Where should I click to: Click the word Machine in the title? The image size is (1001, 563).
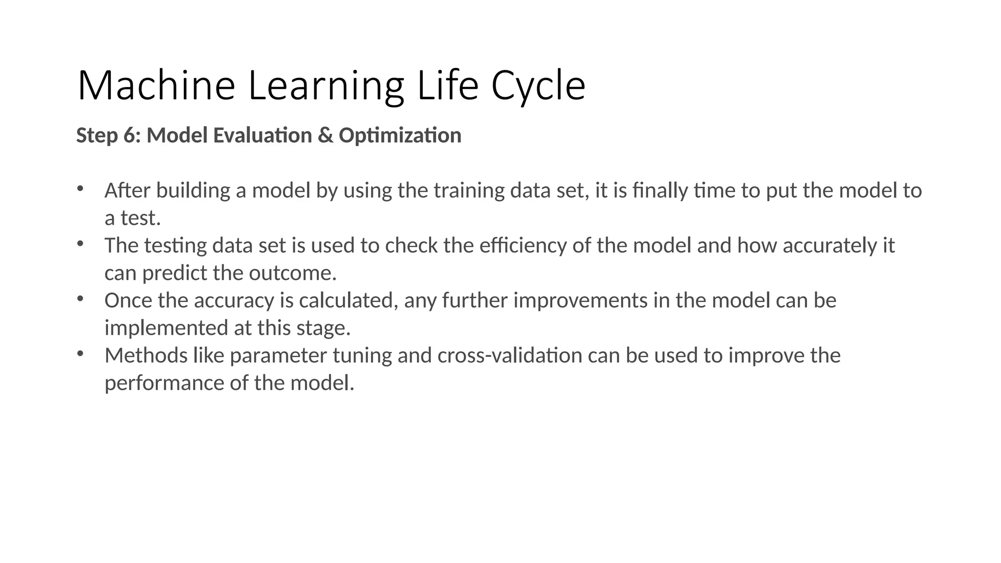coord(156,86)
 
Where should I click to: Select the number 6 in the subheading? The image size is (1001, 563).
coord(129,135)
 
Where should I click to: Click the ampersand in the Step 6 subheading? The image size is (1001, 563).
coord(325,135)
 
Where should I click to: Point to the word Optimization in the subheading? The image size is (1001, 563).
coord(400,135)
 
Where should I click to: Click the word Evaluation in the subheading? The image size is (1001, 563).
coord(263,135)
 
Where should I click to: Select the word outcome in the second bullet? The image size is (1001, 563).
coord(292,273)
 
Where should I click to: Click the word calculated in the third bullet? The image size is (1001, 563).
coord(348,300)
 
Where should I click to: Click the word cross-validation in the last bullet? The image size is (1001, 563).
coord(510,355)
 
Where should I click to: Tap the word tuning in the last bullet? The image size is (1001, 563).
coord(362,355)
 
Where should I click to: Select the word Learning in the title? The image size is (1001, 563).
coord(326,86)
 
